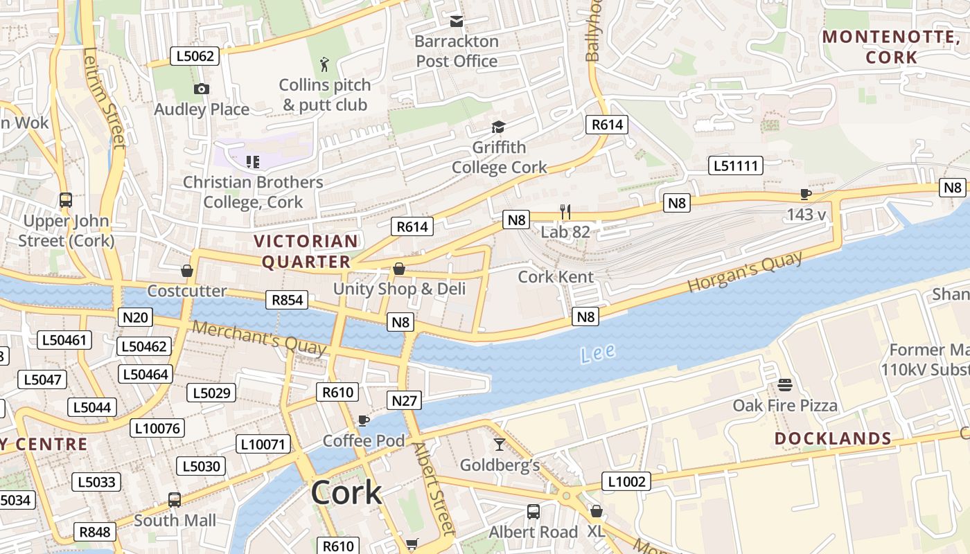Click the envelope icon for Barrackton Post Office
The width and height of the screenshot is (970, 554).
tap(456, 21)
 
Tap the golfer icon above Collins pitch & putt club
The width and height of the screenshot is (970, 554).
tap(324, 65)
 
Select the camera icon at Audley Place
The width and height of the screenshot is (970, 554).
tap(202, 89)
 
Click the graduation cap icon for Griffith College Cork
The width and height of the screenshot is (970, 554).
tap(498, 127)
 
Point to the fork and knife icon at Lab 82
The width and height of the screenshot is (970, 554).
tap(566, 211)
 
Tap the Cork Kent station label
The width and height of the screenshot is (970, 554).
tap(556, 277)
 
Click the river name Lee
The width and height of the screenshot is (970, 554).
tap(597, 353)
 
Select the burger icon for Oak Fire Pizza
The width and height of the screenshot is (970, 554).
tap(784, 384)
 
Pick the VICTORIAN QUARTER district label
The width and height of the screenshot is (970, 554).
tap(306, 251)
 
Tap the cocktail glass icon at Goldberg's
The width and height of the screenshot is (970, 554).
tap(499, 444)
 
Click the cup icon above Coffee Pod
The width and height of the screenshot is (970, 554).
tap(363, 420)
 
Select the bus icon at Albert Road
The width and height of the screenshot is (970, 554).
tap(533, 512)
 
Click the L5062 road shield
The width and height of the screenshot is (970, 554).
tap(195, 56)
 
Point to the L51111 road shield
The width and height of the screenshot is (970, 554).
tap(736, 166)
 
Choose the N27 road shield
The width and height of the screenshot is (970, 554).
tap(404, 400)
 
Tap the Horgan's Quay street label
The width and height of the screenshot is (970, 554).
tap(745, 271)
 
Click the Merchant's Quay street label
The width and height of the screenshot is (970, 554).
tap(258, 337)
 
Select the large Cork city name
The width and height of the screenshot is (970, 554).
tap(346, 492)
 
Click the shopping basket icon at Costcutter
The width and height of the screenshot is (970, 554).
tap(186, 270)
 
